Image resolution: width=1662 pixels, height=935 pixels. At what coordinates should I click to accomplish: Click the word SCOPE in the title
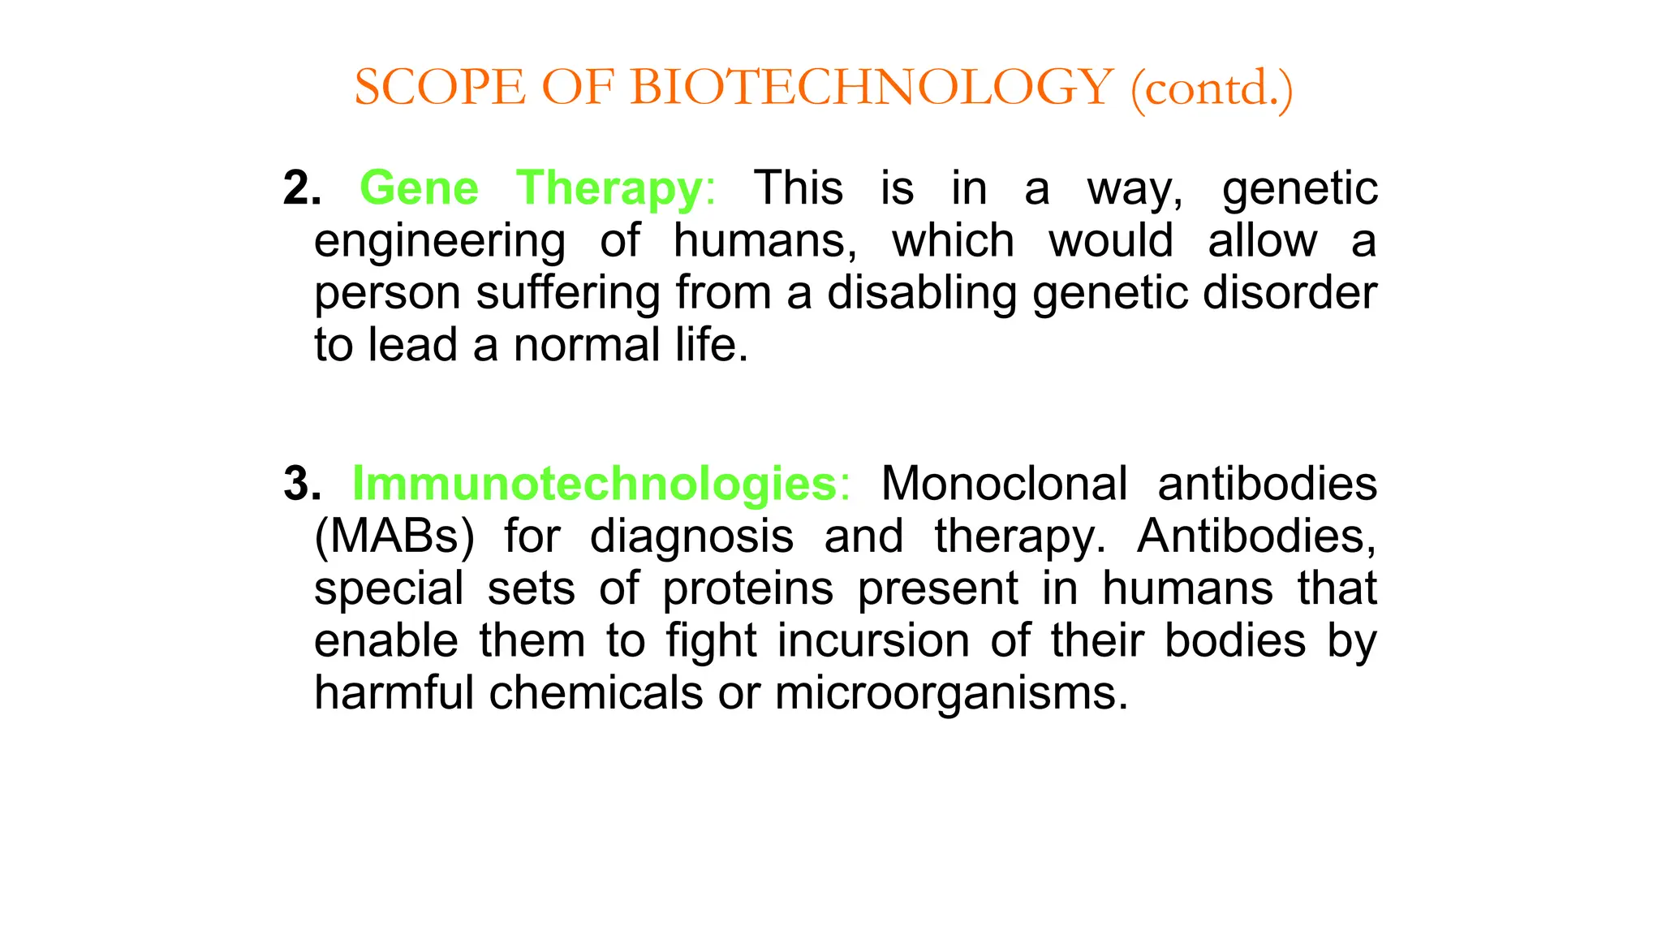[440, 88]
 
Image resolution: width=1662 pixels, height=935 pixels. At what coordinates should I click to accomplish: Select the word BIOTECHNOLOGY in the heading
[872, 88]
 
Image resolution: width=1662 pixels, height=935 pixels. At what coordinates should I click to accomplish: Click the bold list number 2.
[302, 188]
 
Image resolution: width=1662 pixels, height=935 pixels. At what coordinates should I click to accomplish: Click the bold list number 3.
[302, 484]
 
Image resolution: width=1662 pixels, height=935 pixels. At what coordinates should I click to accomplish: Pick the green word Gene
[419, 188]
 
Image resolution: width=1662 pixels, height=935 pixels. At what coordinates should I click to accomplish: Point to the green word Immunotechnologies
[594, 484]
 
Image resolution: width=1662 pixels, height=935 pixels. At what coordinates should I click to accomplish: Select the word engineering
[440, 242]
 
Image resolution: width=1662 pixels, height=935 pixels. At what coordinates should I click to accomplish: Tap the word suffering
[567, 293]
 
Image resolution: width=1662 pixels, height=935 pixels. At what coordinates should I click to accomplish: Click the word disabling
[922, 293]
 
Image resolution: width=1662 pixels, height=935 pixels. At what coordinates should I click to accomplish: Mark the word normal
[587, 345]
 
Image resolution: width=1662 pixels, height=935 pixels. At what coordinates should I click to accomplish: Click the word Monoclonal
[1004, 484]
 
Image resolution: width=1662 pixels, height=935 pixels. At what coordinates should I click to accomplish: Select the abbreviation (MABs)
[394, 536]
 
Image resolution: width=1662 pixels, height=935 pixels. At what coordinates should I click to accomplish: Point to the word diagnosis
[691, 536]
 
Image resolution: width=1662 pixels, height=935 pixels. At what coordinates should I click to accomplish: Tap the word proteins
[747, 588]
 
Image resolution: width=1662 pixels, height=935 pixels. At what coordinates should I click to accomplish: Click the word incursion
[873, 640]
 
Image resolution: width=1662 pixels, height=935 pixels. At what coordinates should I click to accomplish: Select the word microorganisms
[951, 693]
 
